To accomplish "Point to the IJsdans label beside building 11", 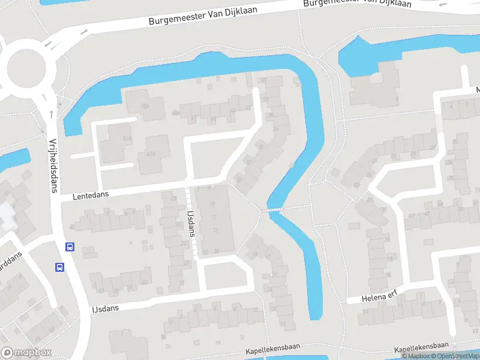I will [x=193, y=222].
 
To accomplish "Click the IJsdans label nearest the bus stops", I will [x=106, y=308].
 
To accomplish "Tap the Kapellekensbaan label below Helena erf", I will [x=422, y=346].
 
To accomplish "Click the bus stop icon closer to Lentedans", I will [x=70, y=246].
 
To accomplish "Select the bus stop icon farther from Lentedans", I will [x=60, y=267].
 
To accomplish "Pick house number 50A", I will [x=144, y=106].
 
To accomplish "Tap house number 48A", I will [x=176, y=112].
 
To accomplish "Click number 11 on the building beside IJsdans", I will [x=214, y=217].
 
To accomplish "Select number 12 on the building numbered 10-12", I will [x=214, y=230].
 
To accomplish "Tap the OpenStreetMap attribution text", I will [x=455, y=356].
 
